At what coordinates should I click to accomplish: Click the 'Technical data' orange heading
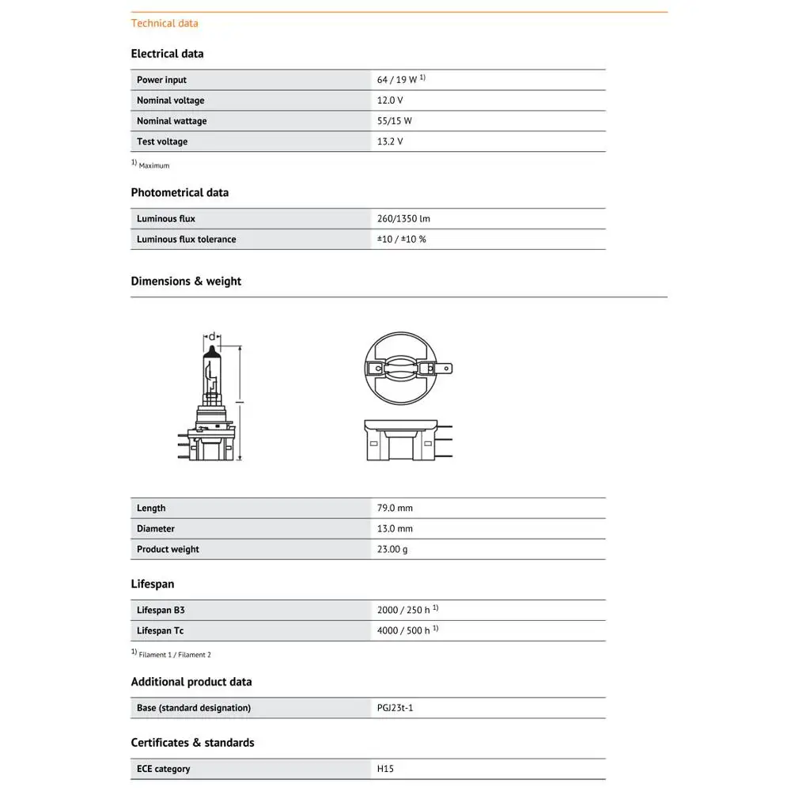click(x=165, y=23)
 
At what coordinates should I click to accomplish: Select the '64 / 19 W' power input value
click(x=397, y=80)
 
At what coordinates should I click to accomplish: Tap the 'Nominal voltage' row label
click(x=170, y=100)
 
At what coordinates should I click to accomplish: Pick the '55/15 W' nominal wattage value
click(x=395, y=121)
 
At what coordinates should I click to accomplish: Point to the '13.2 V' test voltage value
click(x=390, y=142)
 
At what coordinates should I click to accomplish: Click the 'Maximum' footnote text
click(x=154, y=165)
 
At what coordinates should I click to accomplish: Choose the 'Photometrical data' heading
click(x=180, y=192)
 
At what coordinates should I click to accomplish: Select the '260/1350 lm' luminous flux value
click(x=403, y=218)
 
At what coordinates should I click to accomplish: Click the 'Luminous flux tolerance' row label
click(x=186, y=239)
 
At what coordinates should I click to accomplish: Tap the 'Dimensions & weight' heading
click(x=186, y=281)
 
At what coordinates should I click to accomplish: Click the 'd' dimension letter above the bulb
click(x=211, y=336)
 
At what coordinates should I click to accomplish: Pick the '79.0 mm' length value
click(x=395, y=508)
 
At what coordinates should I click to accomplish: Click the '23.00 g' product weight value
click(x=392, y=549)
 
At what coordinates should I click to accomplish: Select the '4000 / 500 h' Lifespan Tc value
click(x=403, y=630)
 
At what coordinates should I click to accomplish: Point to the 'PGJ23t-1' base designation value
click(x=395, y=708)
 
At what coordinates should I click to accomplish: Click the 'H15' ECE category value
click(x=384, y=769)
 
